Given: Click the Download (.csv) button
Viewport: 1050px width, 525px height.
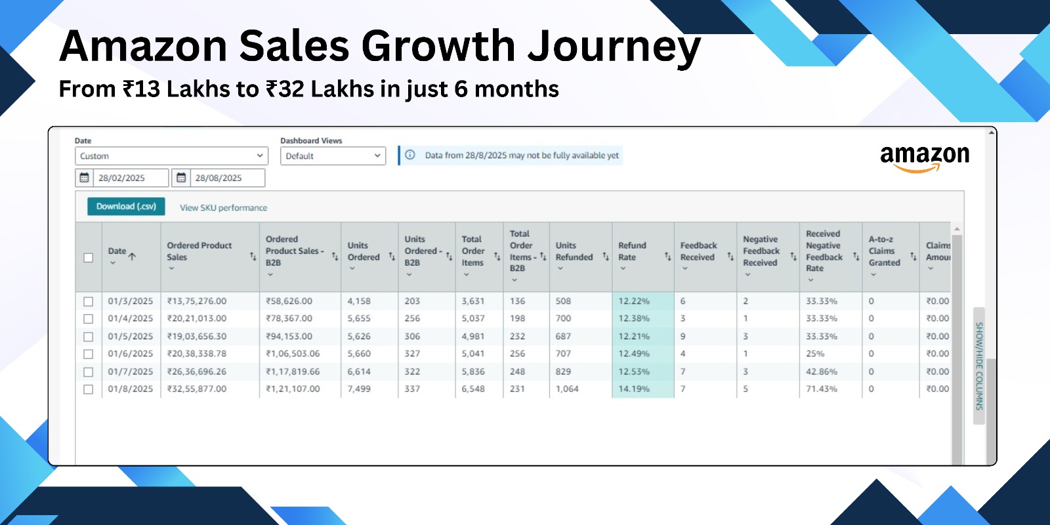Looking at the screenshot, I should tap(126, 207).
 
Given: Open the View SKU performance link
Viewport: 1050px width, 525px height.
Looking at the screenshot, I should tap(223, 208).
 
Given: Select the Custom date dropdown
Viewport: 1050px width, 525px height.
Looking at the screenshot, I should tap(171, 156).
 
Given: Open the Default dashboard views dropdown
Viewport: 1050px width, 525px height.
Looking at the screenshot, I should tap(333, 156).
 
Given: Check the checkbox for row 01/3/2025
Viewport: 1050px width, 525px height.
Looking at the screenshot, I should tap(89, 302).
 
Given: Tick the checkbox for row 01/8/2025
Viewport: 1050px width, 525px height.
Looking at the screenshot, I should tap(89, 389).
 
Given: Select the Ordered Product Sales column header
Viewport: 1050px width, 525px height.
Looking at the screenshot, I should tap(199, 251).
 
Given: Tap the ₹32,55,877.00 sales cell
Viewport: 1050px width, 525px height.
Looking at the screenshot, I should tap(197, 389).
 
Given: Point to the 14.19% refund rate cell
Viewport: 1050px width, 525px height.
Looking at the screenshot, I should tap(634, 389).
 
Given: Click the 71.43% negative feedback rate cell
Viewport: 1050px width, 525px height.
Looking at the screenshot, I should tap(822, 389).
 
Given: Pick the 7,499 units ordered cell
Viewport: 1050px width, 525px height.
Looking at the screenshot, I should tap(359, 389).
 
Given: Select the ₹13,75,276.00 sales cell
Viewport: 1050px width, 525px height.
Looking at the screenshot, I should tap(197, 301).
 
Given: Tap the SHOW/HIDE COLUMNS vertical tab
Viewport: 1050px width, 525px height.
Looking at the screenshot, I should tap(979, 366).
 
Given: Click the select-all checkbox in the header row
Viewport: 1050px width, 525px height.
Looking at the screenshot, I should tap(89, 258).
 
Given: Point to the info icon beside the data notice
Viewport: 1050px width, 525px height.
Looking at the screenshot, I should tap(410, 156).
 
